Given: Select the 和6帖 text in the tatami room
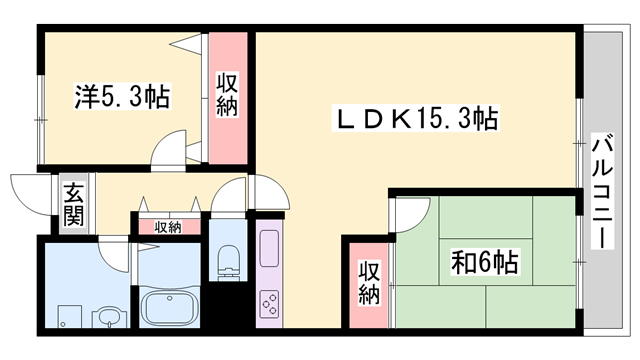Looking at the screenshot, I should (x=484, y=263).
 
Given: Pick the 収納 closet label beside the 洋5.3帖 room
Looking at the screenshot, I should (x=228, y=93).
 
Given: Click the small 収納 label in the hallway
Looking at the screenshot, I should (x=168, y=227).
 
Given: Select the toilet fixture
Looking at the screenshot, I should (x=229, y=257).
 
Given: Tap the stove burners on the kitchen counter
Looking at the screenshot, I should (x=270, y=302).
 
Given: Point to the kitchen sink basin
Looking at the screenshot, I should (x=270, y=250).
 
